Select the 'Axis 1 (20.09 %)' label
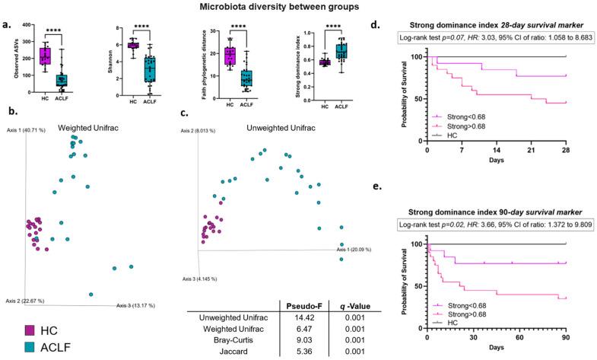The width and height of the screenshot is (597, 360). (361, 248)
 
